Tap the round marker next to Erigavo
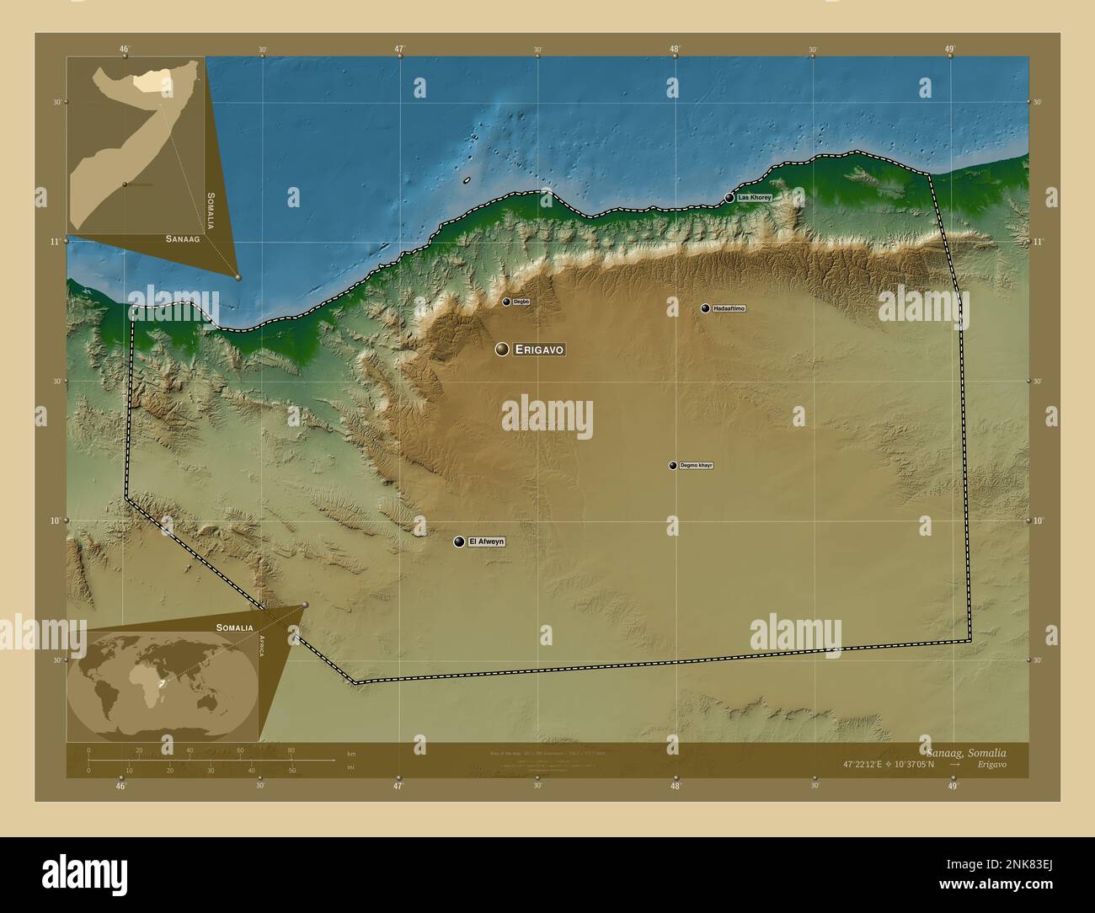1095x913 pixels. (x=502, y=349)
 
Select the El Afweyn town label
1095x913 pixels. (x=487, y=542)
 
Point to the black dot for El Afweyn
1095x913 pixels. (x=459, y=542)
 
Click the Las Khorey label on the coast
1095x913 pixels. (x=754, y=197)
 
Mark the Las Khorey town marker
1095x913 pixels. (x=729, y=198)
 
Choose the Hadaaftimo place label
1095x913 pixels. (x=729, y=308)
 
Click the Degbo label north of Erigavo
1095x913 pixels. (x=521, y=302)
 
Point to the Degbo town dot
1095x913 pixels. (x=506, y=302)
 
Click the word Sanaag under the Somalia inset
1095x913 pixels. (x=182, y=239)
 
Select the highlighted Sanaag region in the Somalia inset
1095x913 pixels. (x=151, y=81)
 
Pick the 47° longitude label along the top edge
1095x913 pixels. (x=400, y=49)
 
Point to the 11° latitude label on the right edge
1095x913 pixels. (x=1038, y=242)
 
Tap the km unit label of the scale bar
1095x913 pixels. (x=351, y=753)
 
